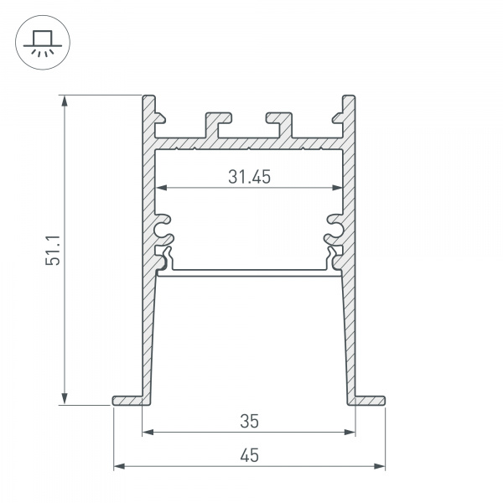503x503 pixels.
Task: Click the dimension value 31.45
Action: [x=249, y=177]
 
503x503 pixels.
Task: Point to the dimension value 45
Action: [x=249, y=455]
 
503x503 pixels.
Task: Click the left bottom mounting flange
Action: [x=128, y=400]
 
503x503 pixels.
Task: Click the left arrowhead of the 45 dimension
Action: [x=118, y=465]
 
